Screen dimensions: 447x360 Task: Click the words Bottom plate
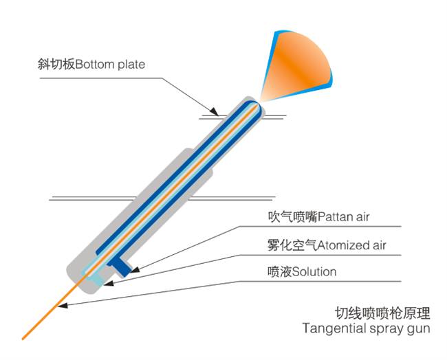(110, 65)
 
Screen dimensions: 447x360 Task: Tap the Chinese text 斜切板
(56, 65)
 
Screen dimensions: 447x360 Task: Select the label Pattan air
(344, 217)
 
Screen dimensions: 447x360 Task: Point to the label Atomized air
(352, 245)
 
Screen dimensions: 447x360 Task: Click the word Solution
(314, 271)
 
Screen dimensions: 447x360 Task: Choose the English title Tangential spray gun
(367, 328)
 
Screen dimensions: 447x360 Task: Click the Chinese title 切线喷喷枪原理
(382, 313)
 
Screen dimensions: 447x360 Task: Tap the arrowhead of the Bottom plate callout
(215, 112)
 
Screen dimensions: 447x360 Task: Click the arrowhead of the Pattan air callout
(135, 269)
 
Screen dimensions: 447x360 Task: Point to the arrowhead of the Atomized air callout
(109, 284)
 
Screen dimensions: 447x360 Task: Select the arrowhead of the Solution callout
(63, 306)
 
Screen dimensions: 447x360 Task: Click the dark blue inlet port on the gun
(120, 267)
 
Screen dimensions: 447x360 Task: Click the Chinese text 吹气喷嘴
(292, 217)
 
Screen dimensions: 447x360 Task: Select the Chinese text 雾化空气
(292, 245)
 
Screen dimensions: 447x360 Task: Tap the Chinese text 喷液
(280, 271)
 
